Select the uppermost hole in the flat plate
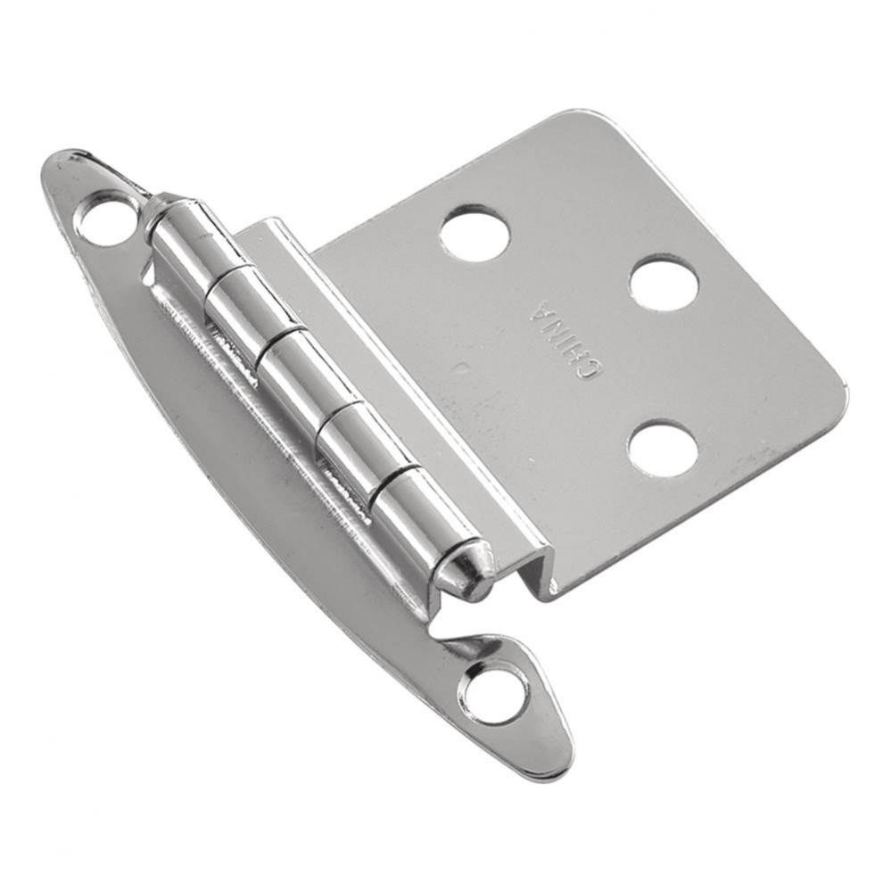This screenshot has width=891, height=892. pos(474,234)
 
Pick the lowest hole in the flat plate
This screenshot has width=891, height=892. pos(663,449)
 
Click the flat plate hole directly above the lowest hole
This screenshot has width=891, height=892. pos(664,285)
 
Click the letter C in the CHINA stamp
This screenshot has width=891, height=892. pos(584,368)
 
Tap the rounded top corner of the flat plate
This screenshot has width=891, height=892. pos(588,120)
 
